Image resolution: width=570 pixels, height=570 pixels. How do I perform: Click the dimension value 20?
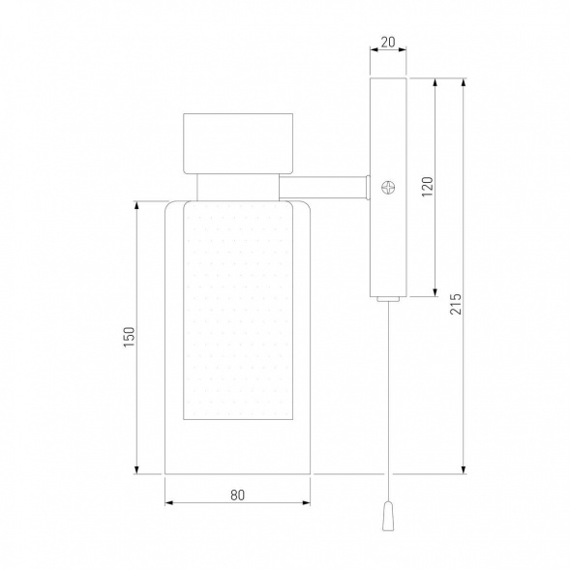pos(388,43)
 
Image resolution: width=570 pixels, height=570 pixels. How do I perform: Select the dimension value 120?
pos(428,187)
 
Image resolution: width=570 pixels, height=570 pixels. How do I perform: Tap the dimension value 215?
pos(456,304)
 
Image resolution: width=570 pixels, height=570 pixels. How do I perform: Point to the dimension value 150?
pos(129,337)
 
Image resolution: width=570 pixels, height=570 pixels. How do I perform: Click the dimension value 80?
pos(237,495)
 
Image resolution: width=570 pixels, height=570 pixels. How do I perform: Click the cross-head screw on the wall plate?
pos(388,188)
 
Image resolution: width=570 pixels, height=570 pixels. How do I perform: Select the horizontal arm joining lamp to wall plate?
pos(324,188)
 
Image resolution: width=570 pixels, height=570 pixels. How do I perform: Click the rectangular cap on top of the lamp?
pos(238,143)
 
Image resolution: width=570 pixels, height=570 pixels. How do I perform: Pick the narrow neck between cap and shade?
pos(238,187)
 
